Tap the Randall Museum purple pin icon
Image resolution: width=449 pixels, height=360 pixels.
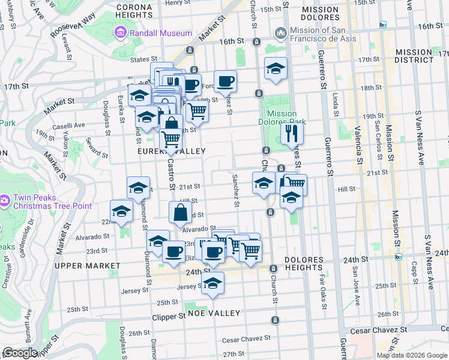tap(120, 32)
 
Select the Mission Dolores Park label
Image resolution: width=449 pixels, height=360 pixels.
tap(282, 118)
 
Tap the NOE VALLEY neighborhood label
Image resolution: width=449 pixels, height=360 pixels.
tap(214, 313)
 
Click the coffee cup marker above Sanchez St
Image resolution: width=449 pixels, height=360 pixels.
tap(225, 81)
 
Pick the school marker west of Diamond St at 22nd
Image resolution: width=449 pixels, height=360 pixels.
tap(121, 211)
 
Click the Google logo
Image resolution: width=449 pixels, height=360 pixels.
tap(21, 353)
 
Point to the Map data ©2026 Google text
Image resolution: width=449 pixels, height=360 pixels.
tap(411, 355)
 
